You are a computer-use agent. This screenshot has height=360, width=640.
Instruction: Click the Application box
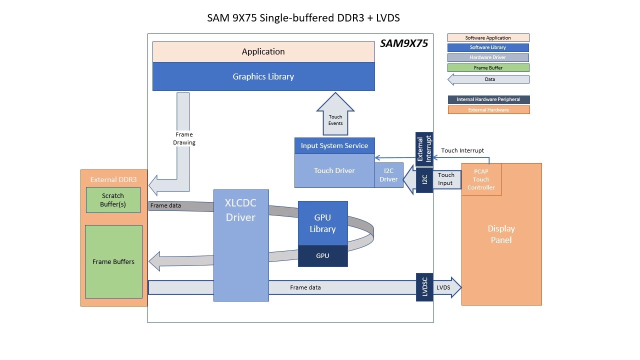click(263, 51)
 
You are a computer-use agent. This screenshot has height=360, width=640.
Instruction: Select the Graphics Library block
click(263, 76)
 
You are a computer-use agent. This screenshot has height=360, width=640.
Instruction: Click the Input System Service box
click(334, 145)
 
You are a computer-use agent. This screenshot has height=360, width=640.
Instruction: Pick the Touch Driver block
click(334, 170)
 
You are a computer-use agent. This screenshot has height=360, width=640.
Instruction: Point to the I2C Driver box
click(388, 175)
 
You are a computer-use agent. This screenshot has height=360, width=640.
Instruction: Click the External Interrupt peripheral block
click(424, 149)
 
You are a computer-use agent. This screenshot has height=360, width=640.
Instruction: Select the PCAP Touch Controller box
click(481, 179)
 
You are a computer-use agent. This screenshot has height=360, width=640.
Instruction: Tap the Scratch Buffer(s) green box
click(113, 199)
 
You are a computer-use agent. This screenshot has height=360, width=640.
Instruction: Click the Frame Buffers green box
click(113, 261)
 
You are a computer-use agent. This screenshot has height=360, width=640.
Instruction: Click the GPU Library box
click(322, 223)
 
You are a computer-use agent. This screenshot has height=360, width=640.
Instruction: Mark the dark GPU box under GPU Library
click(322, 255)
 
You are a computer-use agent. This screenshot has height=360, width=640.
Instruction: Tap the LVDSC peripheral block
click(424, 287)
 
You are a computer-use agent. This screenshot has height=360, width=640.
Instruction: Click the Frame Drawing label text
click(184, 138)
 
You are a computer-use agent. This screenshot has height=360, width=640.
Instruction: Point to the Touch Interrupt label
click(462, 150)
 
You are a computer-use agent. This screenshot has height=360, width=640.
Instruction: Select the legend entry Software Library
click(488, 47)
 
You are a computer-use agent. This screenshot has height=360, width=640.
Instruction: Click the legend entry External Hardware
click(488, 109)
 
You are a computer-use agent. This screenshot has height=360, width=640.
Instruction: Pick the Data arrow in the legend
click(488, 79)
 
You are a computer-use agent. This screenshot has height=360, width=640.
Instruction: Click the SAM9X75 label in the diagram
click(404, 43)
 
